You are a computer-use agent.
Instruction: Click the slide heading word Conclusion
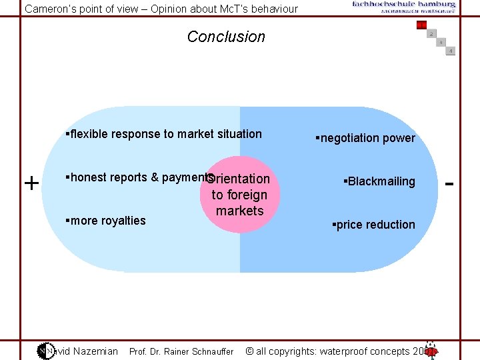tap(226, 37)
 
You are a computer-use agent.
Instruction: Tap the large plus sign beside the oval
tap(31, 183)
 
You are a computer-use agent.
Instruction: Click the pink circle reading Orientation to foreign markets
tap(240, 195)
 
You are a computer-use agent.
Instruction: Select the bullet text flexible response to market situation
tap(164, 134)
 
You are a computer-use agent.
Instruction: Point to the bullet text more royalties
tap(105, 221)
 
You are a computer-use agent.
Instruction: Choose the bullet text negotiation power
tap(365, 138)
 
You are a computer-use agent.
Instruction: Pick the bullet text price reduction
tap(373, 225)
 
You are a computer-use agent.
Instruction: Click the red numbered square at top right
tap(421, 25)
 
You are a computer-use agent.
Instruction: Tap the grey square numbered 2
tap(431, 34)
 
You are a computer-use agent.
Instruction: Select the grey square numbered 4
tap(451, 51)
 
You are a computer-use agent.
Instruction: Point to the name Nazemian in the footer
tap(96, 351)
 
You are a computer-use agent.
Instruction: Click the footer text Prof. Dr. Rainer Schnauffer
tap(181, 351)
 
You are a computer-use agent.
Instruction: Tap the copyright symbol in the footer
tap(249, 351)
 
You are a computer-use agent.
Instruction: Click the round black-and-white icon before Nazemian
tap(45, 351)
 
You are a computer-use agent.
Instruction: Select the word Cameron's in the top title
tap(51, 9)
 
